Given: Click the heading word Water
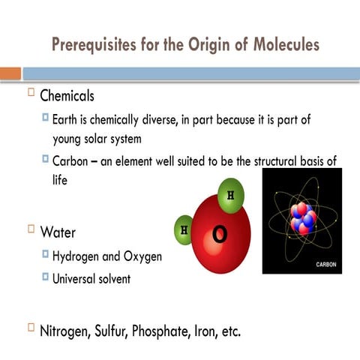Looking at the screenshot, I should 56,230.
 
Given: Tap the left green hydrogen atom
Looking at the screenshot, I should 184,229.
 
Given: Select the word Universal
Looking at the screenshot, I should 79,279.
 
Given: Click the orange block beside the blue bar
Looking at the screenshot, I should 10,73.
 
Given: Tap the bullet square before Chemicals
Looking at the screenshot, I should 31,93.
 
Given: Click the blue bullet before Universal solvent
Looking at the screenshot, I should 46,277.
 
